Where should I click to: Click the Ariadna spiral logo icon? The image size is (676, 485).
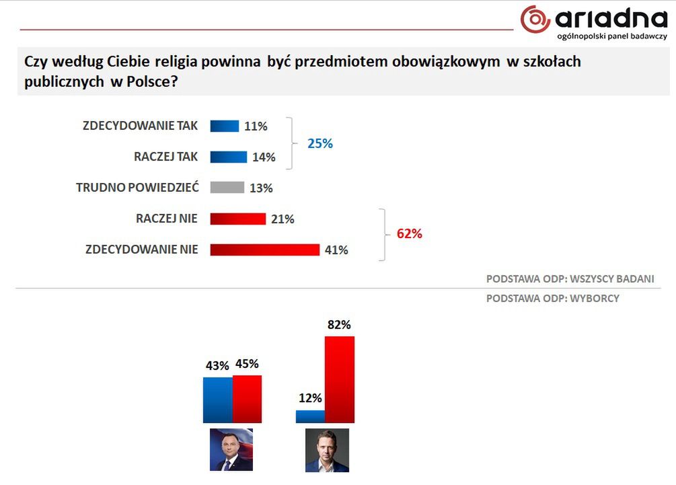536,19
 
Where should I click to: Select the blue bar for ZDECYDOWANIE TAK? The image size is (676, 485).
225,126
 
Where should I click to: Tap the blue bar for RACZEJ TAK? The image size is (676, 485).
229,157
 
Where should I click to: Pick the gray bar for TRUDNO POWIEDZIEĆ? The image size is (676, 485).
227,188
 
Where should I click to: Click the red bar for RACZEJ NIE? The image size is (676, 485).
238,219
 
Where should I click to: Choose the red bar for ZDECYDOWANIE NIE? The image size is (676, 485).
264,250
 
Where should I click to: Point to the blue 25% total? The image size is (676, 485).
320,143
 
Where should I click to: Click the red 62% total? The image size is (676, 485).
409,234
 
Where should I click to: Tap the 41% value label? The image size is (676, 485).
336,250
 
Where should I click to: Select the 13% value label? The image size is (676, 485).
261,188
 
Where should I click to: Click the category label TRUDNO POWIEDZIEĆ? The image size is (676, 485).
137,188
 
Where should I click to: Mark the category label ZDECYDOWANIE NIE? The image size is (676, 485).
142,250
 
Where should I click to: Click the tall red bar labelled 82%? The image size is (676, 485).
339,379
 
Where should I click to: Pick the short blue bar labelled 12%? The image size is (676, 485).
310,416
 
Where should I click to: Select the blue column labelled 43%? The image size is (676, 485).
217,400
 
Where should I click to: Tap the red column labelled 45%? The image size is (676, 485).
247,399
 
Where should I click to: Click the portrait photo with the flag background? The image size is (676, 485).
231,449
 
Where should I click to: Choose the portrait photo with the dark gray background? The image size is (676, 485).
327,450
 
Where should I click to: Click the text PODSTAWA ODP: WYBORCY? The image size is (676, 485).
552,299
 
